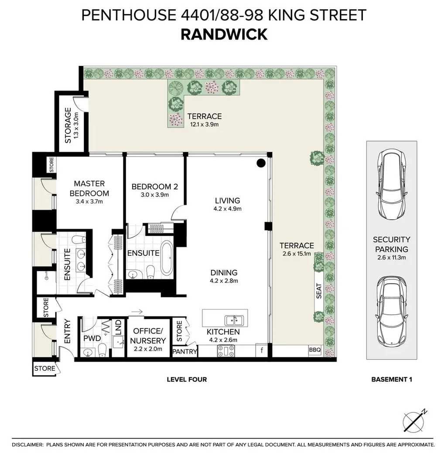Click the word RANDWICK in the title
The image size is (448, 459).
224,34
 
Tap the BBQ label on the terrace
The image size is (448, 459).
315,350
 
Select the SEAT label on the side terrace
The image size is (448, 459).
319,291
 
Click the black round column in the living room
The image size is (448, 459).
260,163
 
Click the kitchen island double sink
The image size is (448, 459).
235,320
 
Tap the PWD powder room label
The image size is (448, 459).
92,338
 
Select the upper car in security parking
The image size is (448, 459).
391,185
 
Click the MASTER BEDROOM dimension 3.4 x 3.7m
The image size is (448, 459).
89,201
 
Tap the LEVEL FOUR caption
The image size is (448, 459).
187,379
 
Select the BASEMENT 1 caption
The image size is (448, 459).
391,379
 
